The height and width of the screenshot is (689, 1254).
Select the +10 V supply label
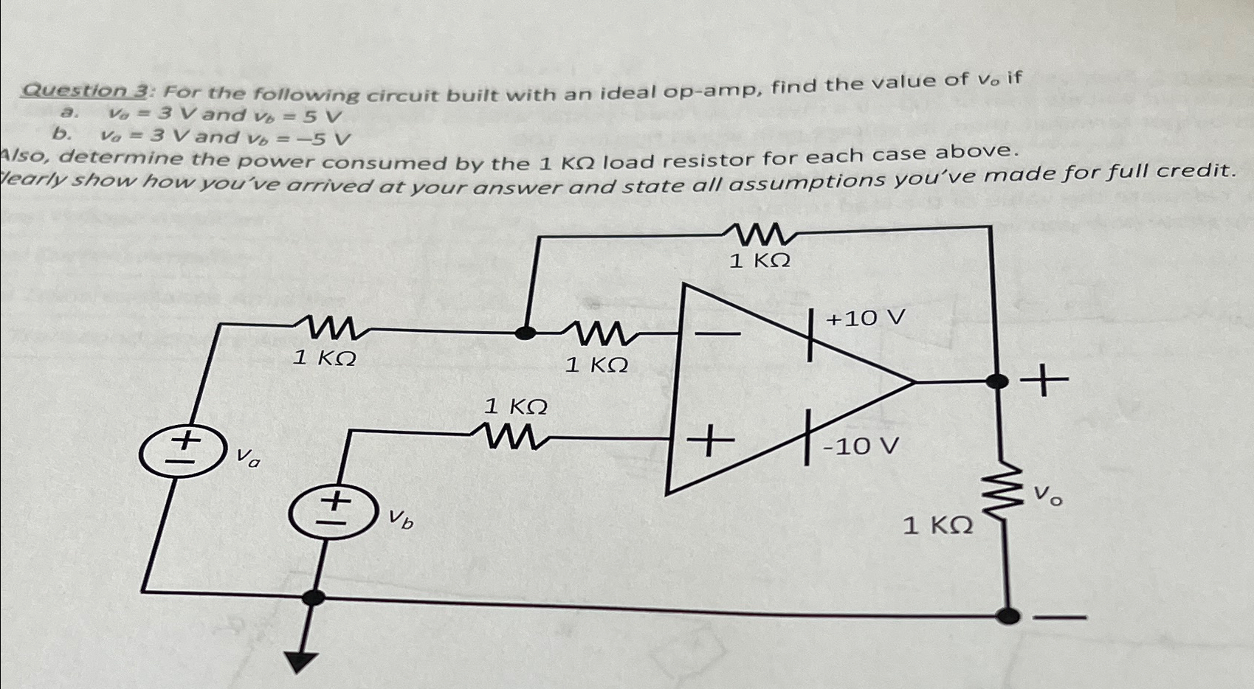pyautogui.click(x=865, y=319)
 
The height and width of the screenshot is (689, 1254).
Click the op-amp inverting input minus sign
pyautogui.click(x=717, y=335)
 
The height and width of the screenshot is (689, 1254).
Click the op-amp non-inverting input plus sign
pyautogui.click(x=709, y=443)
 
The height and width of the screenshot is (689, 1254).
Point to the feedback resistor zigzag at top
pyautogui.click(x=761, y=235)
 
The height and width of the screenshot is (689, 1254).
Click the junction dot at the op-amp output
pyautogui.click(x=997, y=381)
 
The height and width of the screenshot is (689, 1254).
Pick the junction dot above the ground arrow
pyautogui.click(x=314, y=597)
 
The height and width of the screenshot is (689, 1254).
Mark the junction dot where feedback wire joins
pyautogui.click(x=525, y=332)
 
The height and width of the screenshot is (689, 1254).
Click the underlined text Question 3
pyautogui.click(x=86, y=91)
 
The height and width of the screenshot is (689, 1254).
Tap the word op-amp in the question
pyautogui.click(x=712, y=90)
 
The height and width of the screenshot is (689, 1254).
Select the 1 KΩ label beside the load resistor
pyautogui.click(x=938, y=526)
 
